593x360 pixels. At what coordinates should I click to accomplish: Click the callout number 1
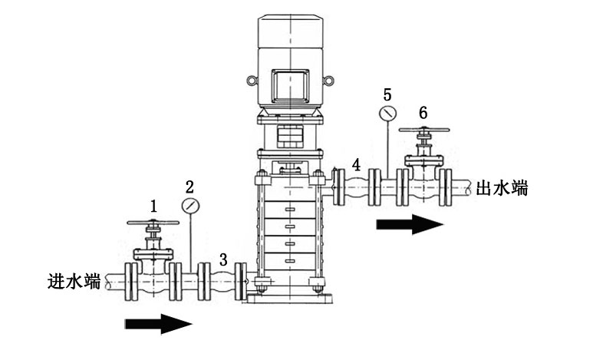(x=154, y=206)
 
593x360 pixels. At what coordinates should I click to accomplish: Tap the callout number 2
(x=190, y=186)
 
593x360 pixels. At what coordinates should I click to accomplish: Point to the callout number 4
(x=356, y=163)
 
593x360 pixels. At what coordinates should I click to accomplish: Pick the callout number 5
(x=387, y=94)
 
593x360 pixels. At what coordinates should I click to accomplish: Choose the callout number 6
(x=423, y=112)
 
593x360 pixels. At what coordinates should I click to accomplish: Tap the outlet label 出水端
(x=502, y=187)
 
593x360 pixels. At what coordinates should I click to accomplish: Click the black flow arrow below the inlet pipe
(x=158, y=324)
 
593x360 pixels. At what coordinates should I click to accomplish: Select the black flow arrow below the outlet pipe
(x=409, y=225)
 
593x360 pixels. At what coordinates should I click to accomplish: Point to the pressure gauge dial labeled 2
(x=190, y=206)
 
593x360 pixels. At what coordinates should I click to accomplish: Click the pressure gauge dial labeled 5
(x=387, y=114)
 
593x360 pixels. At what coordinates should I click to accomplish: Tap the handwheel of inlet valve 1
(x=153, y=223)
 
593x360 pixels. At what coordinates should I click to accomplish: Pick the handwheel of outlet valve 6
(x=423, y=130)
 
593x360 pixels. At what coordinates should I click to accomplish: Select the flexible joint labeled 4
(x=355, y=187)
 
